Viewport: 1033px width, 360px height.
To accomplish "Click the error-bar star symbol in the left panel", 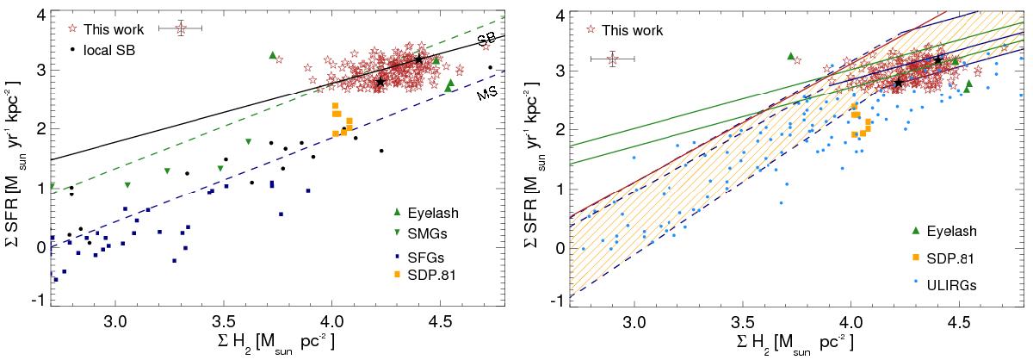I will [x=181, y=28].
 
